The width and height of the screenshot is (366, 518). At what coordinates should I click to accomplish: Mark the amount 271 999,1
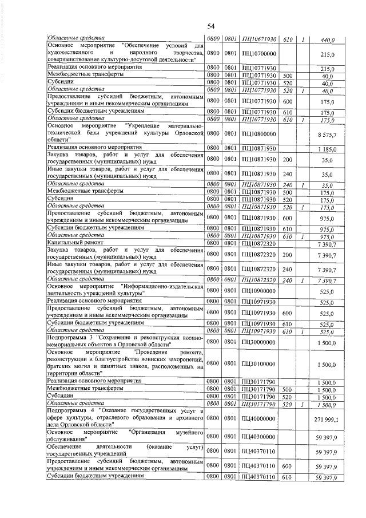tap(327, 419)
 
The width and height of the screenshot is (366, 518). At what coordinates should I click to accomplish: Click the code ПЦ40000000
tap(259, 419)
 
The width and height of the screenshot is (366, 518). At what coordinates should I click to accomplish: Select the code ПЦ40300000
tap(259, 437)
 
